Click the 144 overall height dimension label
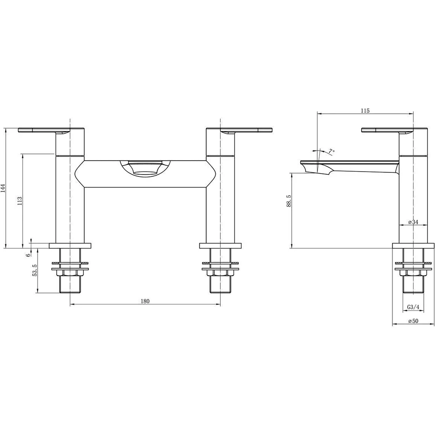[3, 188]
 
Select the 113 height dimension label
[20, 201]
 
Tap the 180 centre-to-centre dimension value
[145, 301]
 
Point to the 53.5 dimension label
[35, 270]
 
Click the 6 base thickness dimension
[28, 255]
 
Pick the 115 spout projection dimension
[365, 110]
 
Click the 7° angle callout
[331, 151]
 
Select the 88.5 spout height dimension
[289, 201]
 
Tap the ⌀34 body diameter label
[413, 222]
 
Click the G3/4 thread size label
[413, 307]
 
